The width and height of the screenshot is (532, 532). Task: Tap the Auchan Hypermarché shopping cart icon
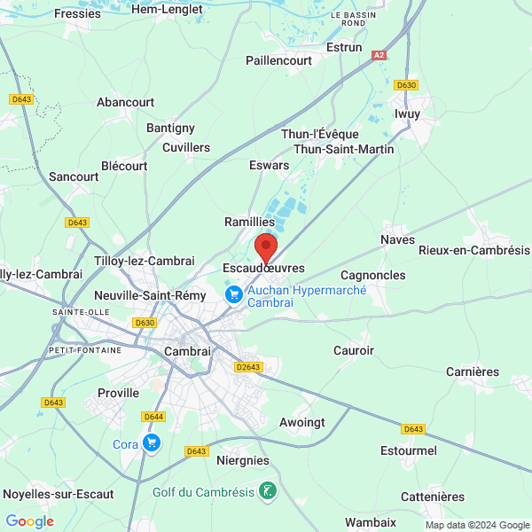[x=234, y=293]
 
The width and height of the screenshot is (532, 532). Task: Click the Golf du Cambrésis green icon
[x=267, y=490]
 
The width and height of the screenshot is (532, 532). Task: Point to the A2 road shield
[x=379, y=55]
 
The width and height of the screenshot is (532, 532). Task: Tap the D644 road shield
[x=153, y=416]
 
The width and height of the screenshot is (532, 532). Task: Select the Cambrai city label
[x=188, y=351]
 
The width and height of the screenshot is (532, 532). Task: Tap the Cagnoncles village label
[x=372, y=276]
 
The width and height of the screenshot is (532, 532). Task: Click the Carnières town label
[x=473, y=372]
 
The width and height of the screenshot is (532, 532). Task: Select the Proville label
[x=119, y=392]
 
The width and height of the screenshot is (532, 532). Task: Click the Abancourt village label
[x=126, y=102]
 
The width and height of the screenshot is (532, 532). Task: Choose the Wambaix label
[x=371, y=522]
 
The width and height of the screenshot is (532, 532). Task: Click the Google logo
[x=30, y=521]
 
